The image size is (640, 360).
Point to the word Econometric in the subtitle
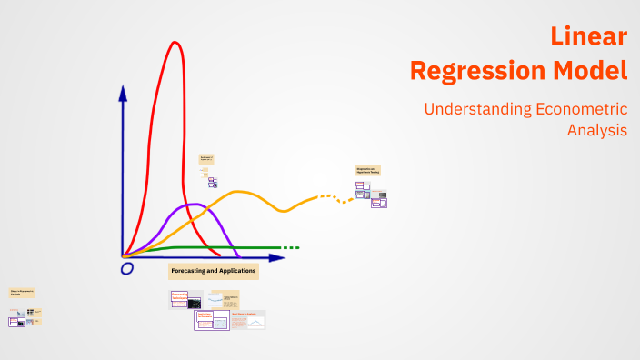[x=582, y=109]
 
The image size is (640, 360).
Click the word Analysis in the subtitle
[x=596, y=130]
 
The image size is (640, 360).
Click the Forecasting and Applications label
[x=214, y=271]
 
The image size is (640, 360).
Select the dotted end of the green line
[x=290, y=247]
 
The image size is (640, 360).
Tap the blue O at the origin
[x=126, y=268]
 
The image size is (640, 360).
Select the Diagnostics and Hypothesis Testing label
[x=367, y=170]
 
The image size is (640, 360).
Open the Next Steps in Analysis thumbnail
[x=248, y=319]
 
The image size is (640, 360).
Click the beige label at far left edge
[x=23, y=293]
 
